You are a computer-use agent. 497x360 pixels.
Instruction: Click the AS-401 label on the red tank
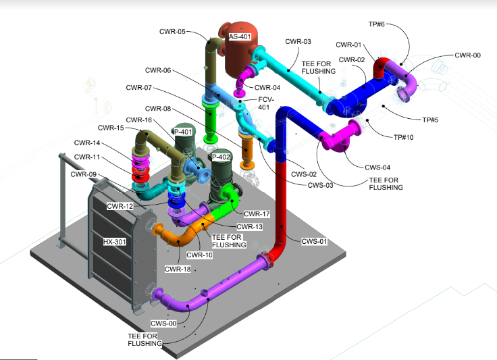[240, 37]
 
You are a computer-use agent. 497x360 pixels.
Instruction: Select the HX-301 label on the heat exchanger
[115, 241]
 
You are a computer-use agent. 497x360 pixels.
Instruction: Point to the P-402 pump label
[222, 157]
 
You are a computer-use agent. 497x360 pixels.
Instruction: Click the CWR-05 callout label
[172, 31]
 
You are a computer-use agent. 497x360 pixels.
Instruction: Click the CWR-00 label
[467, 55]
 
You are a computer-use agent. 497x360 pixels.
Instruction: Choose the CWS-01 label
[314, 241]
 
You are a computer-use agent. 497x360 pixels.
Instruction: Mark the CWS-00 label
[163, 324]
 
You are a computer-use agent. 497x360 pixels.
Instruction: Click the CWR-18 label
[178, 269]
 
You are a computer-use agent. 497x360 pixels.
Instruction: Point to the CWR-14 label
[86, 143]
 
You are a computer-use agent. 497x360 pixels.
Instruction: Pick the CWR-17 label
[257, 214]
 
